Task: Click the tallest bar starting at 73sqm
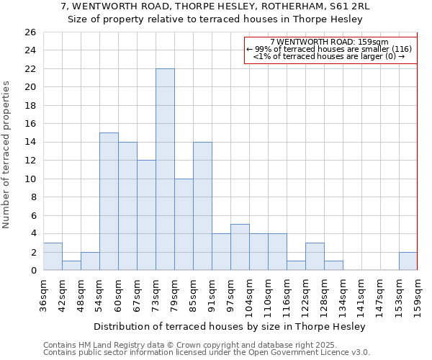coord(165,169)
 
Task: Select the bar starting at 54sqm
coord(109,202)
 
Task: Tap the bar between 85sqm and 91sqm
coord(202,206)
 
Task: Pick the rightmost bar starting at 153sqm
coord(408,261)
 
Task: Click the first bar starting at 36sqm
coord(53,256)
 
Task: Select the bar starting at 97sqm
coord(240,248)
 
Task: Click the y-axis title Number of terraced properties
coord(7,154)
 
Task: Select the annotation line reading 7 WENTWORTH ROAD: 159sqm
coord(330,42)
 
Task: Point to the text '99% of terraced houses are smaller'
coord(321,49)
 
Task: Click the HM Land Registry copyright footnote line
coord(190,345)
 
